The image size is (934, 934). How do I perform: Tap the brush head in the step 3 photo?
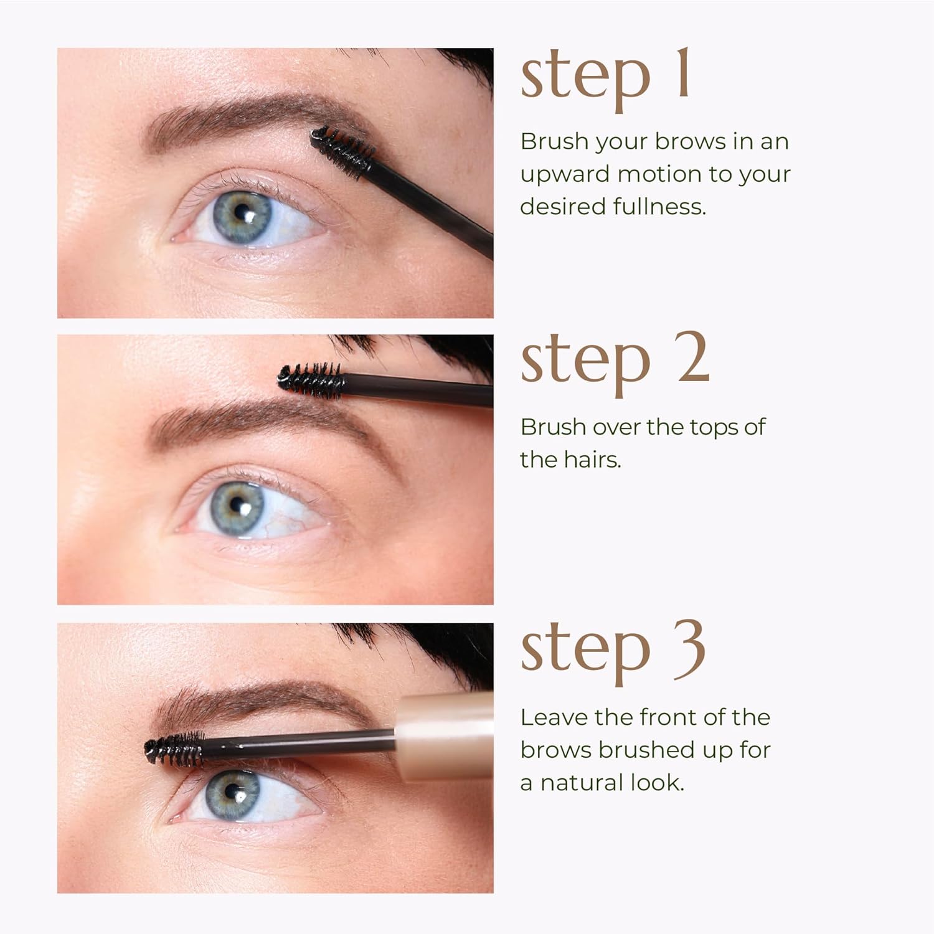175,749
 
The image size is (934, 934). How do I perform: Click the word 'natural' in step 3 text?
582,783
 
